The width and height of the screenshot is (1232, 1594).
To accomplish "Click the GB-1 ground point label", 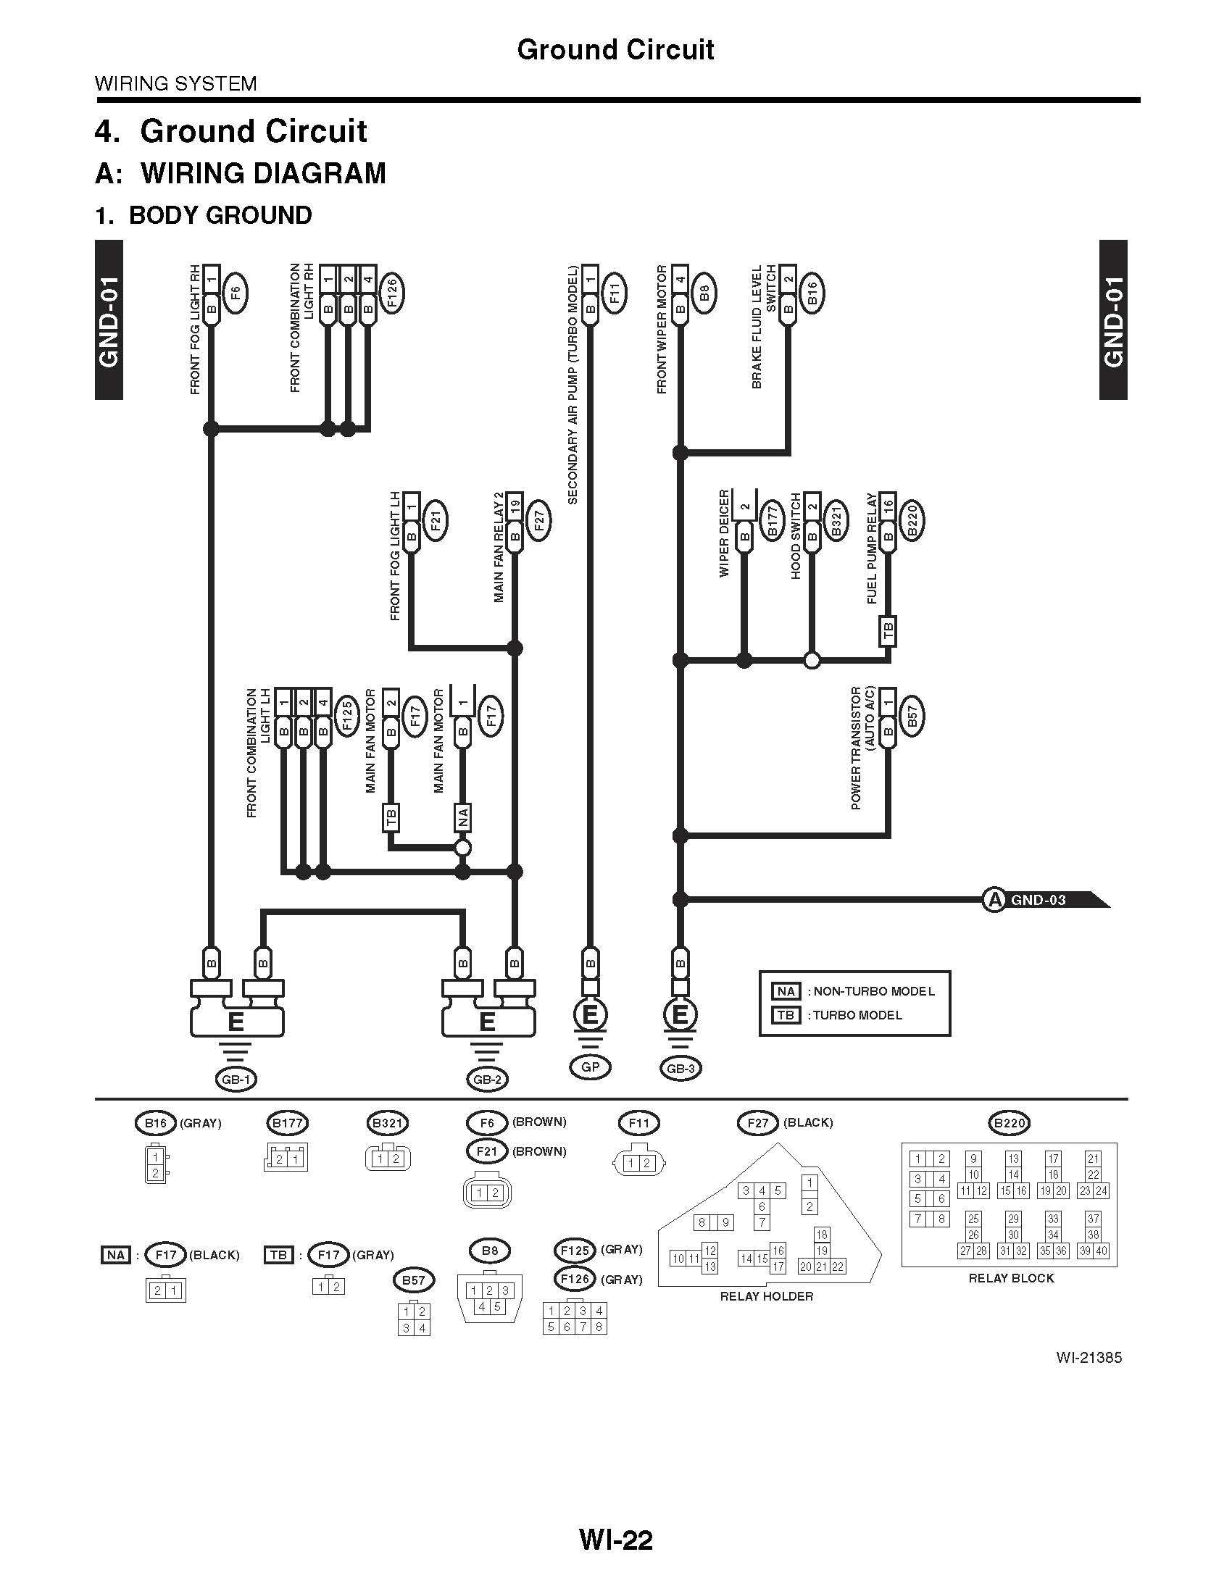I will click(x=236, y=1079).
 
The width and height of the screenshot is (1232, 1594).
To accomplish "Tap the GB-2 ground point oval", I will click(x=487, y=1080).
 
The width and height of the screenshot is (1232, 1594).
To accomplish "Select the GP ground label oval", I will click(x=590, y=1067).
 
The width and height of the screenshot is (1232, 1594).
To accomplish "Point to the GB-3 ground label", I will click(x=680, y=1069).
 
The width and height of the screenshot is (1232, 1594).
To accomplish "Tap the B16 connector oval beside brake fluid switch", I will click(x=812, y=293).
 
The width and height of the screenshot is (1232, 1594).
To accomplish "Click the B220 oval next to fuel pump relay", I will click(x=912, y=520).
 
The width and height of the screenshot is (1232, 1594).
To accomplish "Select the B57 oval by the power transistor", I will click(x=912, y=717).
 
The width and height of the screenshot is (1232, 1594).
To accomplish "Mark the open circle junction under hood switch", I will click(x=812, y=661).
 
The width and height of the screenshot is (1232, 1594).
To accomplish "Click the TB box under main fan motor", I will click(x=391, y=817).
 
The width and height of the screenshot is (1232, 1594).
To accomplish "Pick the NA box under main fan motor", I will click(x=463, y=817).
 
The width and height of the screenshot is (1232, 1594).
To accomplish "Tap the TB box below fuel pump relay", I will click(x=888, y=631).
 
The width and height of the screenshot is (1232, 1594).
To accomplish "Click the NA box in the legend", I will click(x=786, y=991).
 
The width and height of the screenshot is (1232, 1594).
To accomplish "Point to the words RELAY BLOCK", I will click(x=1011, y=1278).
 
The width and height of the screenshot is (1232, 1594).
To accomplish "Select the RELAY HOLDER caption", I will click(x=766, y=1296).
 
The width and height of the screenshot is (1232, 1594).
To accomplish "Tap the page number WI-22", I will click(x=615, y=1540).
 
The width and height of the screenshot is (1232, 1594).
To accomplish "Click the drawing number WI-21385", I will click(x=1089, y=1359).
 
